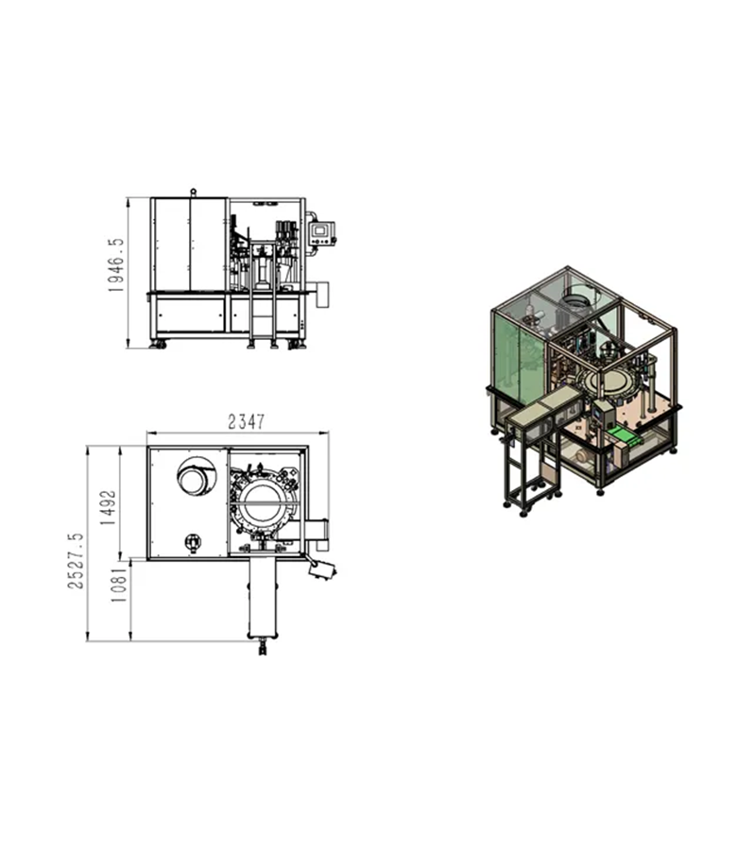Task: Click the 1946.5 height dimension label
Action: pos(116,265)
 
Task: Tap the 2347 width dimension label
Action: pos(247,422)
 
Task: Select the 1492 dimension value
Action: pos(108,507)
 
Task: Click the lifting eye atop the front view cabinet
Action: pos(193,193)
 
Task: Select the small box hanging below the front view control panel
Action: pos(322,295)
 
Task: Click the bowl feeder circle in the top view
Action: pos(195,476)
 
